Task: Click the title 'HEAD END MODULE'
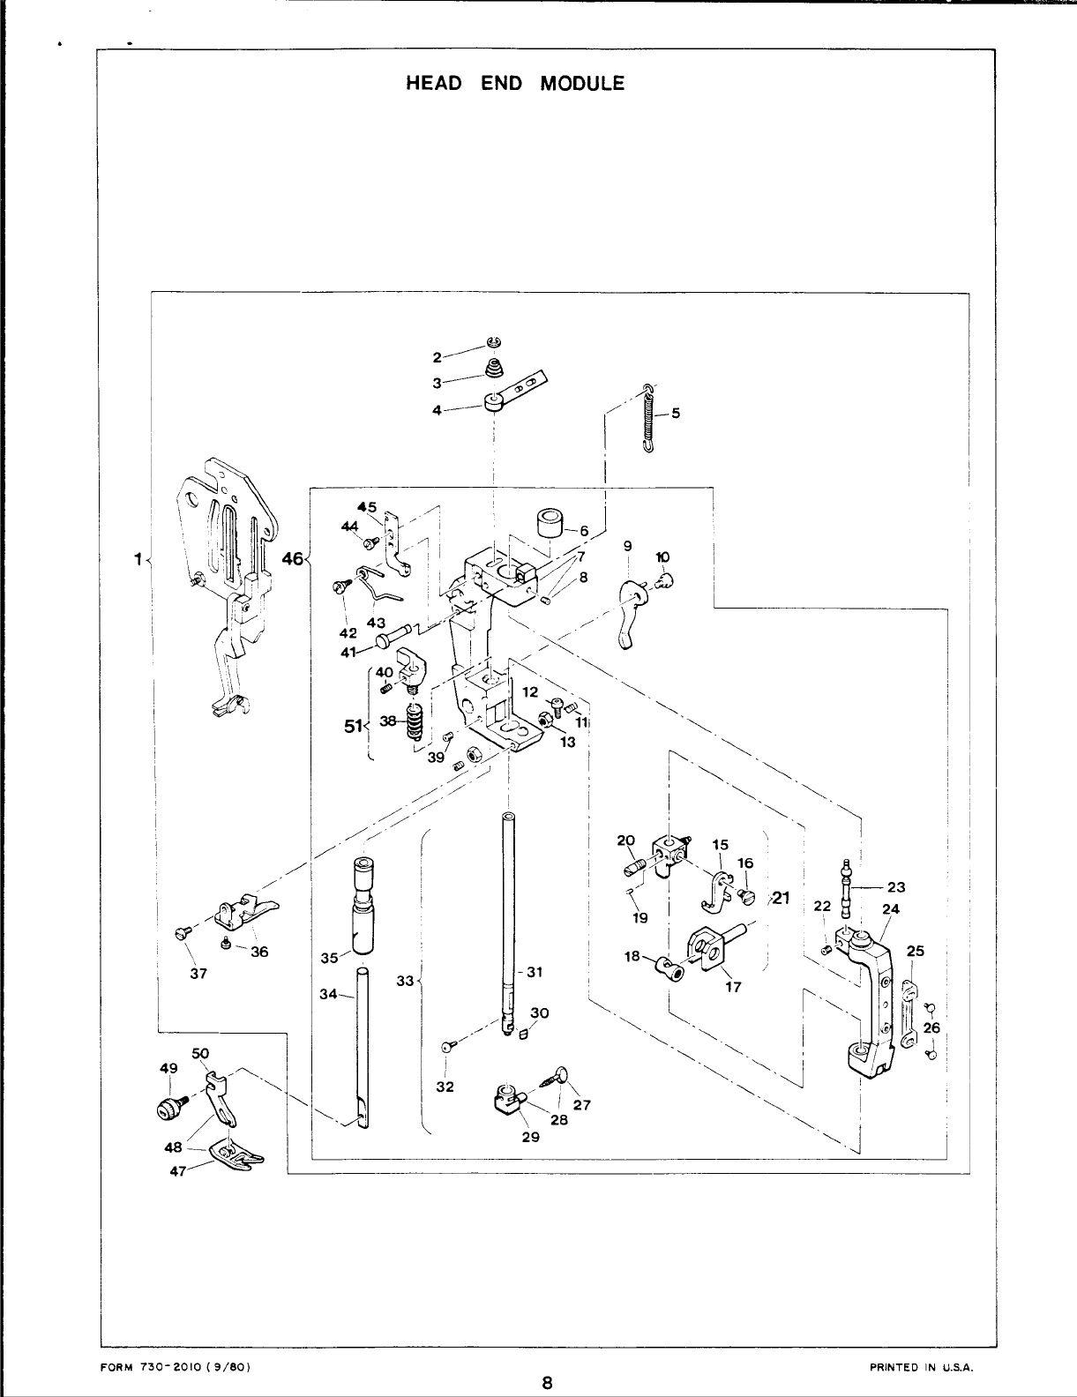[514, 84]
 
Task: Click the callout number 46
[294, 558]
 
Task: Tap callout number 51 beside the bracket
[353, 726]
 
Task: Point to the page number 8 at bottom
[547, 1382]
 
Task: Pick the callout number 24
[890, 908]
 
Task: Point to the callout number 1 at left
[138, 558]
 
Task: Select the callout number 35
[330, 958]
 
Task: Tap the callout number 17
[732, 987]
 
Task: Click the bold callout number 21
[781, 899]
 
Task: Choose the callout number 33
[405, 980]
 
